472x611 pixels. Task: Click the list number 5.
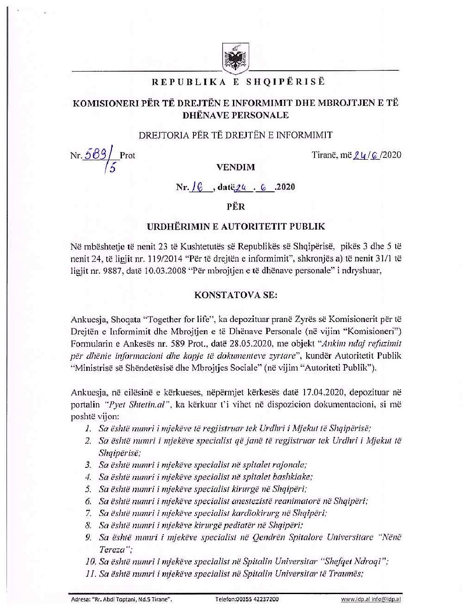pos(88,489)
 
